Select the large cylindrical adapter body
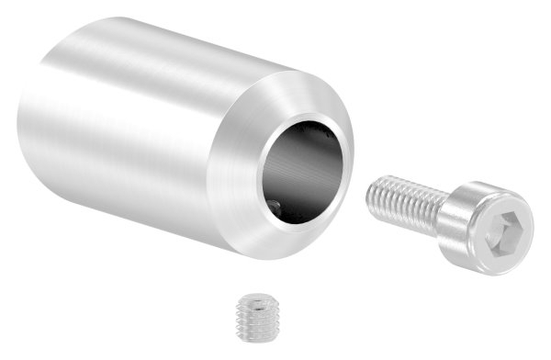tap(165, 138)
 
